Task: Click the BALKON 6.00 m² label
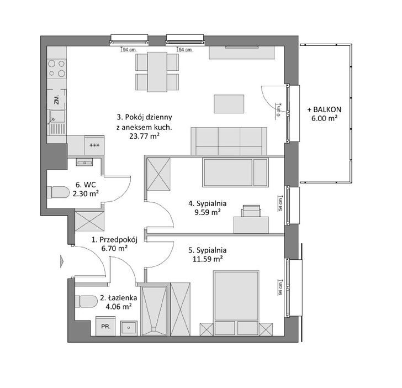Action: click(324, 114)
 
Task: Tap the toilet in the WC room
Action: click(58, 192)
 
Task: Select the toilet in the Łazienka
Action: click(86, 302)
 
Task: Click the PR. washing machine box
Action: click(105, 326)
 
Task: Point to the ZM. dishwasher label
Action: click(57, 99)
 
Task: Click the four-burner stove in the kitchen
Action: click(57, 69)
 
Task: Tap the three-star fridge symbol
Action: click(94, 145)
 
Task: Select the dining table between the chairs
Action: click(157, 72)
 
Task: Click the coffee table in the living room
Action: click(229, 104)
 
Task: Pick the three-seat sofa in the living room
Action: click(229, 141)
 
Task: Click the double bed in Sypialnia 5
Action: click(236, 303)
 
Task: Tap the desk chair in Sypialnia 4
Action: click(251, 211)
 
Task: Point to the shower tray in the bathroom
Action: click(154, 311)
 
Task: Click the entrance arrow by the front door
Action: click(62, 261)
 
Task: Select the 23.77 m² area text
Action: click(144, 136)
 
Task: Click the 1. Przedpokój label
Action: click(115, 240)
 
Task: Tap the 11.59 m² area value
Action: click(208, 259)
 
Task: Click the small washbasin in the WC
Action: click(84, 162)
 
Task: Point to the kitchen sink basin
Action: click(57, 116)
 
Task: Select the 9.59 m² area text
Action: click(208, 212)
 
